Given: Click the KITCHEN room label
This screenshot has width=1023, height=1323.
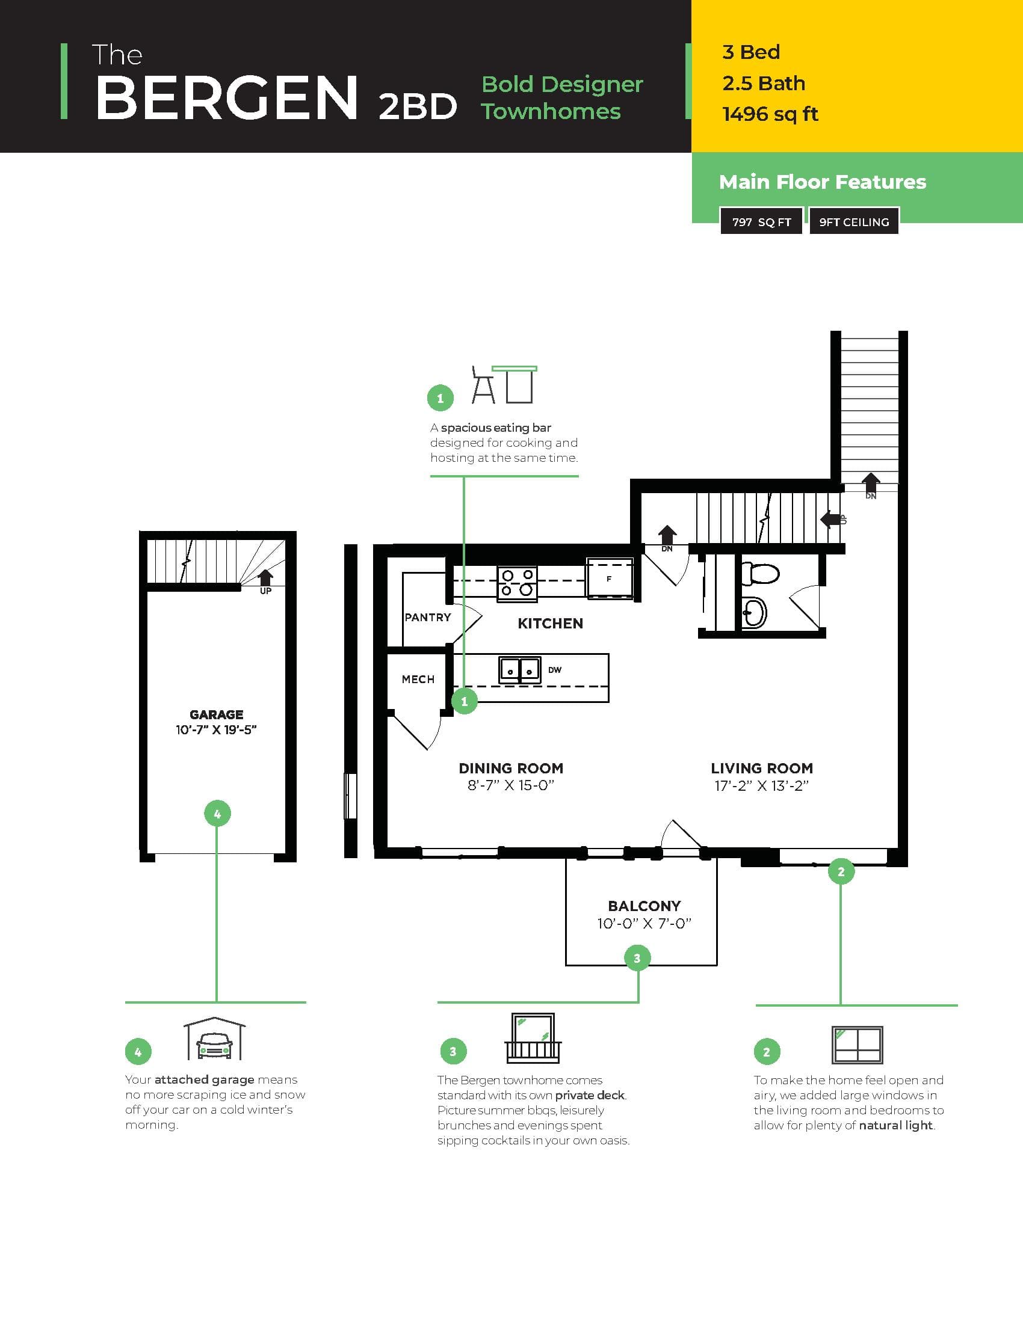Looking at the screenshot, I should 549,624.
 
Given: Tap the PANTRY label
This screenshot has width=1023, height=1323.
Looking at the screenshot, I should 428,617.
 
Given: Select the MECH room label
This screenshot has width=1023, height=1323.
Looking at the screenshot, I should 418,679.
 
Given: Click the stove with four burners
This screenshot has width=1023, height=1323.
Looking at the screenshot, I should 517,583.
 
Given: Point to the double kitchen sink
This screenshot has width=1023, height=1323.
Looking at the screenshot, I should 519,670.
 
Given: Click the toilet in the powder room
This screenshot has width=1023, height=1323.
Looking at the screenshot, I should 760,573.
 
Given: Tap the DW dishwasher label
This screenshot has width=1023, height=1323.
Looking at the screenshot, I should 555,670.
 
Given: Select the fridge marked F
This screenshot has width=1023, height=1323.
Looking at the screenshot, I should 610,579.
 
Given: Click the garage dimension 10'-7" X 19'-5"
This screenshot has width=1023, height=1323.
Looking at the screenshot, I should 217,730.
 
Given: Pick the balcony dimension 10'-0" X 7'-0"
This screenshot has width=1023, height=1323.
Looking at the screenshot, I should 644,924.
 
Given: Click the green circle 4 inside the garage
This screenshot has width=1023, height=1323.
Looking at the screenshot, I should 217,814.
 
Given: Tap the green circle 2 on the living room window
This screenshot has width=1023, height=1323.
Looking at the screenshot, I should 841,872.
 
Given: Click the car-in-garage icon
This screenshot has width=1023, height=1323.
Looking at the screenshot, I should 215,1040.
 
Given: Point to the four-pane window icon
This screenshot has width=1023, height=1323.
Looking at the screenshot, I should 857,1045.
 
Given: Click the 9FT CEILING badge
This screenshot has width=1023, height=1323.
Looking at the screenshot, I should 853,222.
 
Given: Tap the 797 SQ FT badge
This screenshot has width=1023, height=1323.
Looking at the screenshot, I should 761,222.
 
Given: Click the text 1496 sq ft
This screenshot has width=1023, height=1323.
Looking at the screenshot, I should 770,114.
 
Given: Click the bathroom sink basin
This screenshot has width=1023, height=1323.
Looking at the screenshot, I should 753,612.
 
